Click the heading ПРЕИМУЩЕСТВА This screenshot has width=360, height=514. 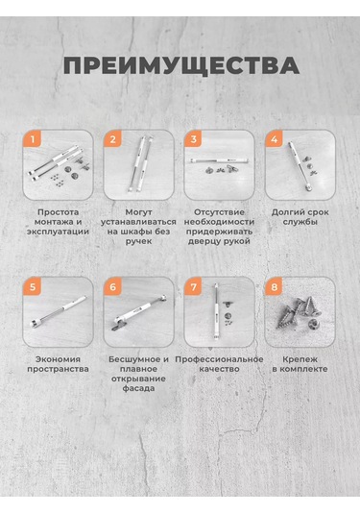coord(181,65)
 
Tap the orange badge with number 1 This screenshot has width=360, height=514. coord(33,139)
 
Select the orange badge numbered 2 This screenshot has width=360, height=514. coord(113,139)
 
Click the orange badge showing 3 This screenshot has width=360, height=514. coord(194,139)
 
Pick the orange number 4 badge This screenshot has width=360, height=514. coord(275,139)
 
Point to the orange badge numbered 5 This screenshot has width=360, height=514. coord(33,286)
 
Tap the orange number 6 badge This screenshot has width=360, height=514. coord(113,286)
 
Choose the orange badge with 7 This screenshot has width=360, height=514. coord(194,286)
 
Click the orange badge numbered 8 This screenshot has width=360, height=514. coord(275,286)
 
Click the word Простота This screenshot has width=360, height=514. coord(58,212)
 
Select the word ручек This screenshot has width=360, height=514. coord(138,241)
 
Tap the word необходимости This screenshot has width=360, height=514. coord(219,222)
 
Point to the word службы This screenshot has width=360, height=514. coord(300,222)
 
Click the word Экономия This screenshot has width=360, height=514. coord(58,359)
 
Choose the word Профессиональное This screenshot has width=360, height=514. coord(219,359)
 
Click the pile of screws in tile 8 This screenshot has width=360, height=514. coord(299,313)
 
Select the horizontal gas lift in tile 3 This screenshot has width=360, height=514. coord(219,160)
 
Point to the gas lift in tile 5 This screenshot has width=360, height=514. coord(58,311)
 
